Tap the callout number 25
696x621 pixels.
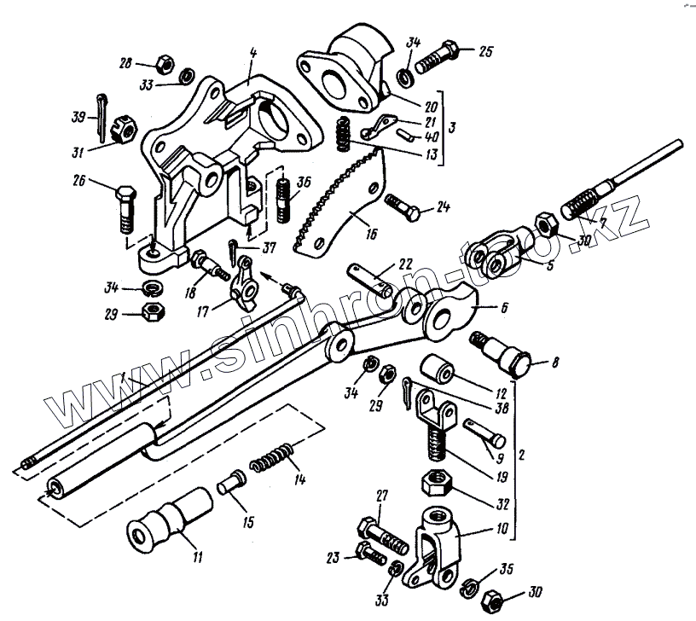[484, 52]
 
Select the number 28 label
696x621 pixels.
[126, 63]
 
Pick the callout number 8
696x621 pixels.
[555, 363]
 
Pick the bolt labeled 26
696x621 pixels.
[125, 208]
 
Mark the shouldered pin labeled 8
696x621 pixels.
[503, 351]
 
